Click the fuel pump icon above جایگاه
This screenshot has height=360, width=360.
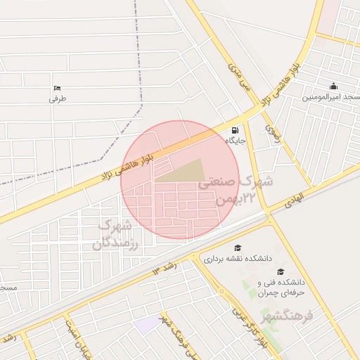234,130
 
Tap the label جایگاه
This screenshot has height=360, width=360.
234,141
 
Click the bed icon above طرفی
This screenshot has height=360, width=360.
57,89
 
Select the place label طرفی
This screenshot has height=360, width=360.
57,99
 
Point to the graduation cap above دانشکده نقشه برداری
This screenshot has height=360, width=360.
238,248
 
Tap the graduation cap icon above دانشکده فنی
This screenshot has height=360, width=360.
281,272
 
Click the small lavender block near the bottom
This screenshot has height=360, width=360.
149,324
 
